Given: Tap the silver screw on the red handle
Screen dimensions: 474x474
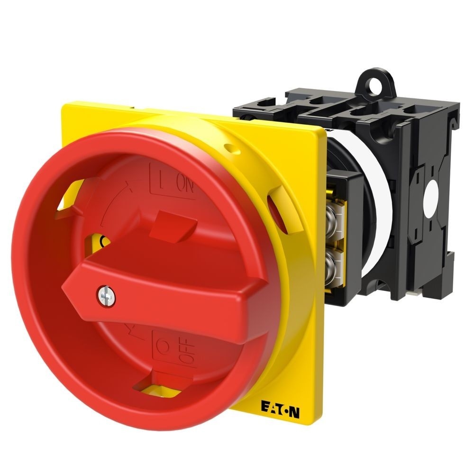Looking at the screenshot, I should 103,294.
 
